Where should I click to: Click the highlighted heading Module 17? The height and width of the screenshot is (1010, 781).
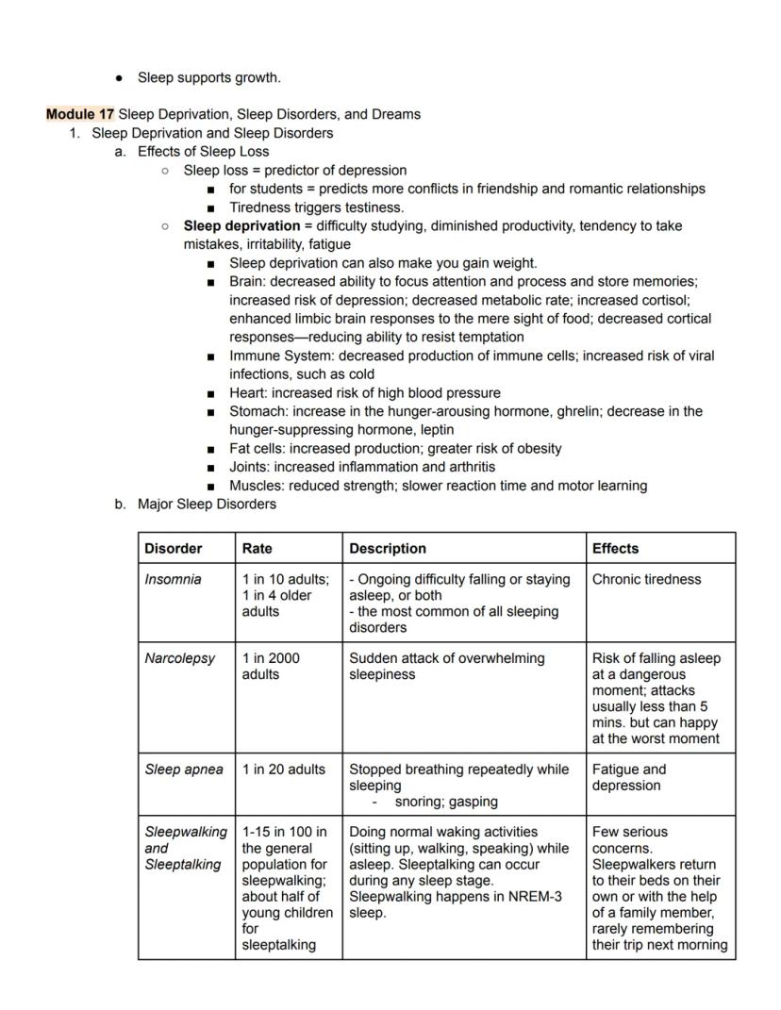coord(80,114)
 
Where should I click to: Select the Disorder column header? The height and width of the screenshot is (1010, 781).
coord(173,548)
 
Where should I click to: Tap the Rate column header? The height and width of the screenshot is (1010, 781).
coord(258,548)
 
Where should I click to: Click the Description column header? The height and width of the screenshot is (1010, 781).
coord(387,548)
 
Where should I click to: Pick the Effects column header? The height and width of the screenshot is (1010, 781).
coord(615,548)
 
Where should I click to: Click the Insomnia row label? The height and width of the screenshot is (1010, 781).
coord(173,579)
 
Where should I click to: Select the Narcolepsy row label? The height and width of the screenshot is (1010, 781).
coord(179,658)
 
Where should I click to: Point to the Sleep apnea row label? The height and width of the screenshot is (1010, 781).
coord(184,770)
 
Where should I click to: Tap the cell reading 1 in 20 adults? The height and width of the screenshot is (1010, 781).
coord(283,770)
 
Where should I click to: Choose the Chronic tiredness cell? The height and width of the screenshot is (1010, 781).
coord(646,579)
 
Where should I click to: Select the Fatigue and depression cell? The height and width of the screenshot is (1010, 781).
coord(628,777)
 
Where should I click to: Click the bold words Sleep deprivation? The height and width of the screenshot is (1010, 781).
coord(241,226)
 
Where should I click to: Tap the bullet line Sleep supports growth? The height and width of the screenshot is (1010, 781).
coord(208,77)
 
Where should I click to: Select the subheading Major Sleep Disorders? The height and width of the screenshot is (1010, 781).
coord(207,504)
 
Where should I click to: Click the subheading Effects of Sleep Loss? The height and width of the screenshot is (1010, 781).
coord(203,152)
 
